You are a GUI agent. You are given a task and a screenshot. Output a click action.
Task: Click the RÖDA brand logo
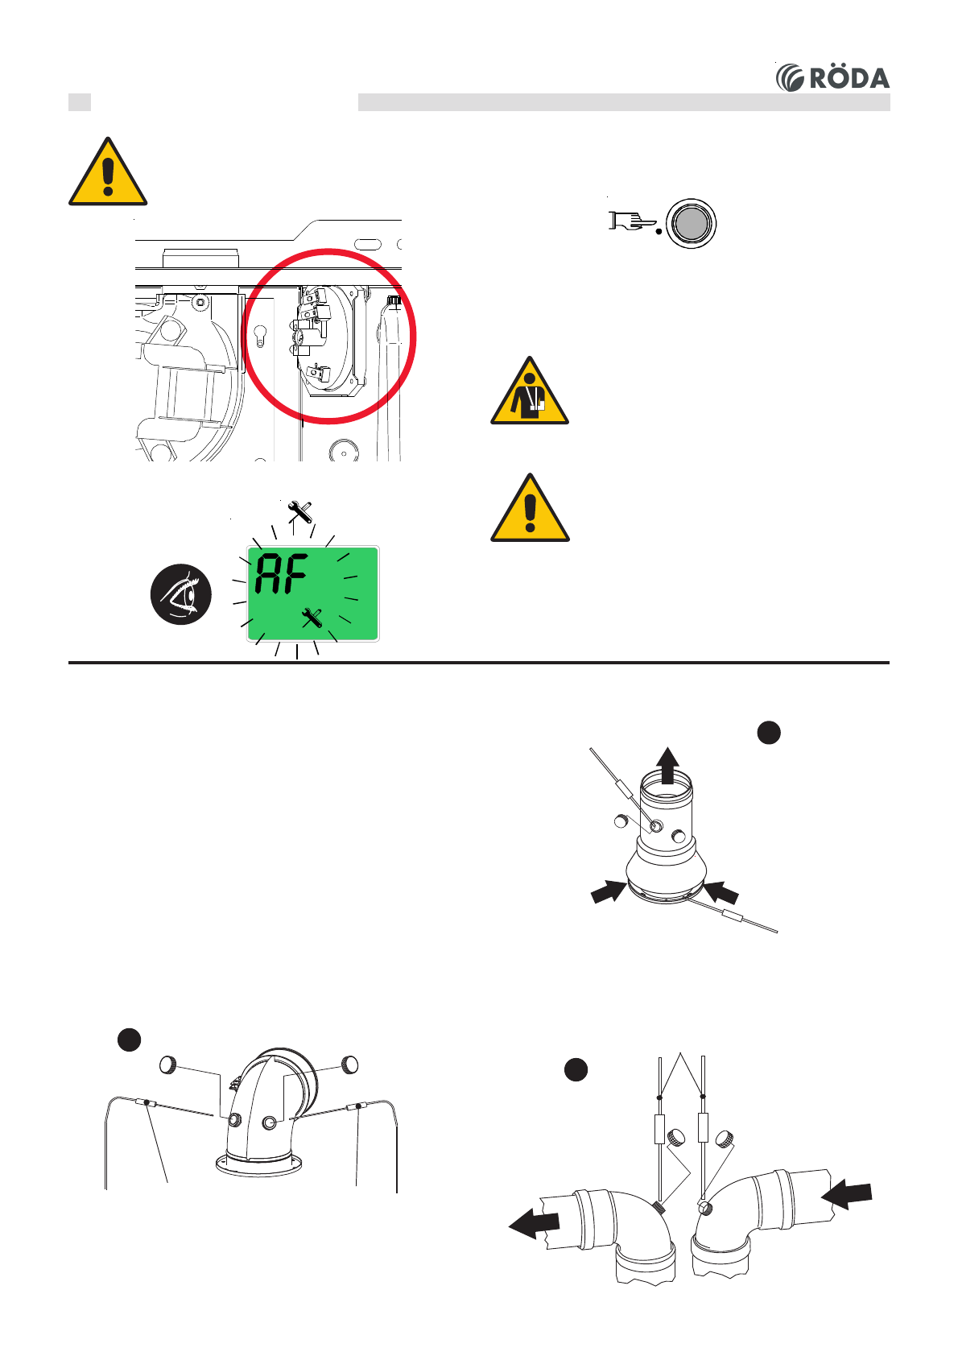832,77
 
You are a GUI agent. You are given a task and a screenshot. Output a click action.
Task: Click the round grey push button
691,223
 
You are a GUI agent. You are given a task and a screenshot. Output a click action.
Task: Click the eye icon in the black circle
181,594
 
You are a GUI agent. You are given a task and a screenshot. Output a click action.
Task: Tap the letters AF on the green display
281,574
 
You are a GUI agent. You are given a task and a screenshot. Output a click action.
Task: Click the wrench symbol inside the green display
312,618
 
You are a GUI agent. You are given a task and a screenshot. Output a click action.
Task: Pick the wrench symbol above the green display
299,511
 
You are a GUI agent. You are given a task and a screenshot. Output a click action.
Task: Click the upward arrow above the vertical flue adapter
667,763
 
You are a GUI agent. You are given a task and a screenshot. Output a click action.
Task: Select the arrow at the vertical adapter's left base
609,891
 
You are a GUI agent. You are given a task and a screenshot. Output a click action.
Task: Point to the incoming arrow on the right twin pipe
847,1194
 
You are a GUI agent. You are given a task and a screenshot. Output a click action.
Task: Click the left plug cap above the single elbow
169,1065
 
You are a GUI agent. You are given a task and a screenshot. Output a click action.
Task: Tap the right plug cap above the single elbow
350,1063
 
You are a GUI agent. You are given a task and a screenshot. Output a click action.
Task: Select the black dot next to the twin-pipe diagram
576,1069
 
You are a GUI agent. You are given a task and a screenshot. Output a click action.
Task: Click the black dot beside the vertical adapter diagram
769,732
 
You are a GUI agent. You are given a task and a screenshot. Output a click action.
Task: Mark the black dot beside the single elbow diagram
130,1039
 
